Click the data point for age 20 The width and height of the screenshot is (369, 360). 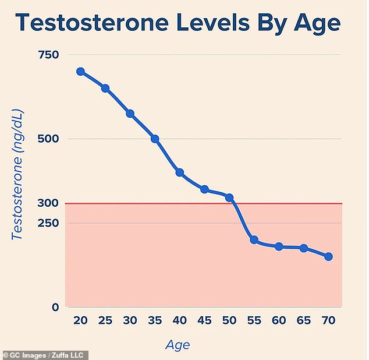click(x=80, y=72)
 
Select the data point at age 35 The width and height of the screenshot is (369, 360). click(x=155, y=139)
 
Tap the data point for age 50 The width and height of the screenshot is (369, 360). click(x=229, y=198)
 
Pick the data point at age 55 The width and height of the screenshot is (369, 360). click(x=254, y=240)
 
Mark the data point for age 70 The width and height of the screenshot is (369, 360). click(x=328, y=256)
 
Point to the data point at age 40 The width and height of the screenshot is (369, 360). click(x=180, y=172)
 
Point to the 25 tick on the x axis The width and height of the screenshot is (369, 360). click(x=105, y=321)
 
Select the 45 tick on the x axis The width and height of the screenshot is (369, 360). click(x=204, y=321)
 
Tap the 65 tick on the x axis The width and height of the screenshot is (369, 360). click(x=303, y=321)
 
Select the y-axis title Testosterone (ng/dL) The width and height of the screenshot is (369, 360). click(x=17, y=175)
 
